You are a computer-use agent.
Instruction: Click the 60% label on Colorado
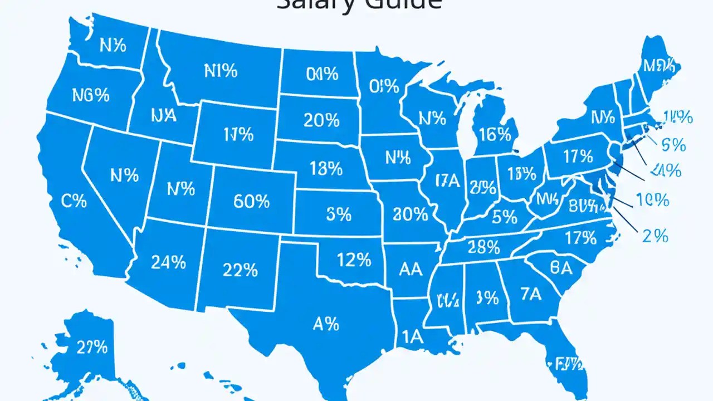click(x=251, y=201)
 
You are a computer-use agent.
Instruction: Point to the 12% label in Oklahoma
click(x=354, y=259)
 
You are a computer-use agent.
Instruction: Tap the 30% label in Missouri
click(x=410, y=213)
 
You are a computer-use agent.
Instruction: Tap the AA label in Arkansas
click(x=411, y=270)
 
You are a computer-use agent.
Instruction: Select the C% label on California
click(x=74, y=201)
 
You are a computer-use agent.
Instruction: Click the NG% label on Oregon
click(x=90, y=95)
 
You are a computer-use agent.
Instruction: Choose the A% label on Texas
click(x=325, y=323)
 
